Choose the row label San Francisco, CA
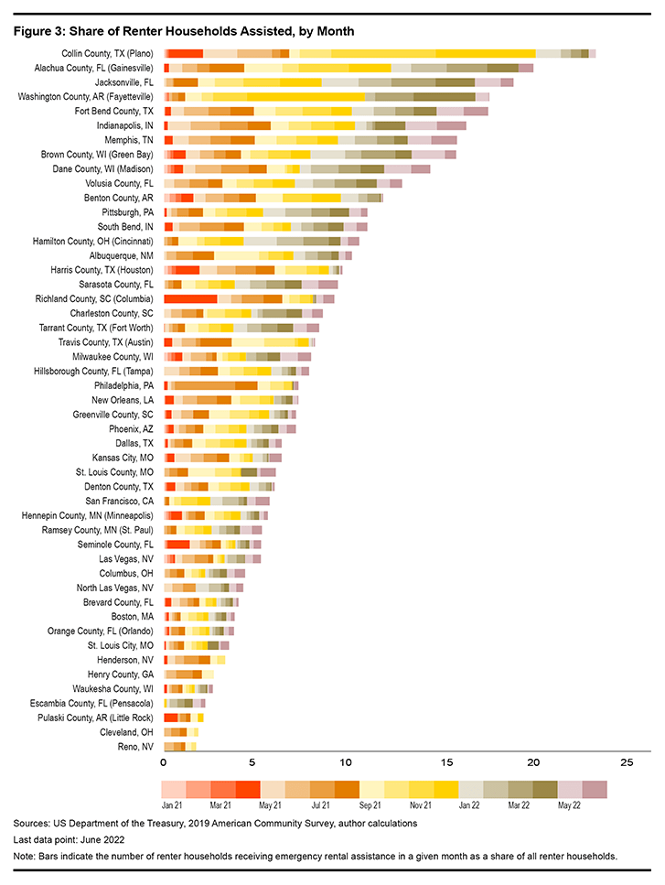point(119,501)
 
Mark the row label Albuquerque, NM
point(115,255)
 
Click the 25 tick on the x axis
point(627,762)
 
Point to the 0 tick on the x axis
point(164,762)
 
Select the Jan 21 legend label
point(174,805)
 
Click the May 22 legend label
point(570,805)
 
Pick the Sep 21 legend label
point(371,805)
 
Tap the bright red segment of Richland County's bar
point(190,298)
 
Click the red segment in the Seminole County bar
point(177,545)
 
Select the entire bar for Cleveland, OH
point(181,732)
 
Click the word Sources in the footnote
point(32,824)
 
